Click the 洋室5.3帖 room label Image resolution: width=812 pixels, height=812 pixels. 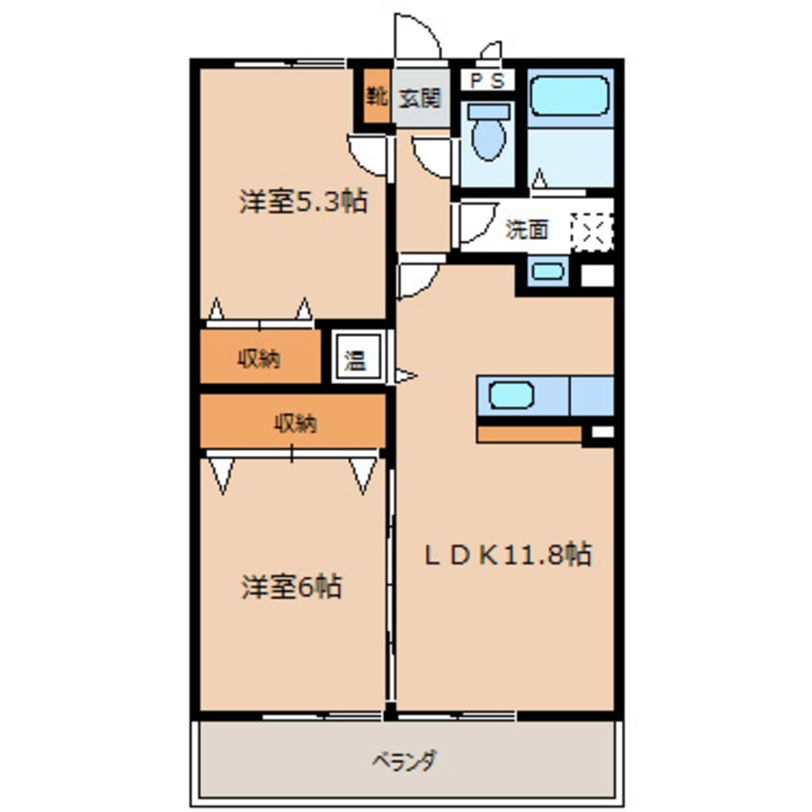[x=302, y=203]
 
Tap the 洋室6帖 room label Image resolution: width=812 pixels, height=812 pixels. [x=291, y=586]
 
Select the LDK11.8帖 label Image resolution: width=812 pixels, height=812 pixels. [x=508, y=554]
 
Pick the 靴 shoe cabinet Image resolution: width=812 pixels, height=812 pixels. [x=375, y=96]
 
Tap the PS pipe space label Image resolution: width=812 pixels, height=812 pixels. [x=488, y=82]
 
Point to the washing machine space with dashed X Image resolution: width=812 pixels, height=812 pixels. [x=591, y=229]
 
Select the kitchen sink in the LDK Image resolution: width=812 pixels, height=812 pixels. [x=513, y=394]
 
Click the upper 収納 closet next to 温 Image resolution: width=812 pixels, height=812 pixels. [x=259, y=360]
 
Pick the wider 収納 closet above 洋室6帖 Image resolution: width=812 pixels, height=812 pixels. [x=293, y=421]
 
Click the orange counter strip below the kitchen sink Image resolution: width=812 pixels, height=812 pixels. [x=529, y=434]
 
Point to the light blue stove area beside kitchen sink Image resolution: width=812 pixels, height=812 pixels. [x=591, y=394]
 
